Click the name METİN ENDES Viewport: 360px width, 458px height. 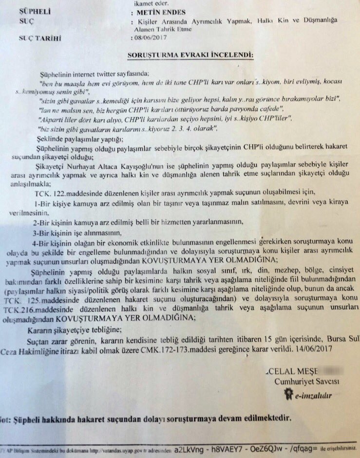tap(160, 10)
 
